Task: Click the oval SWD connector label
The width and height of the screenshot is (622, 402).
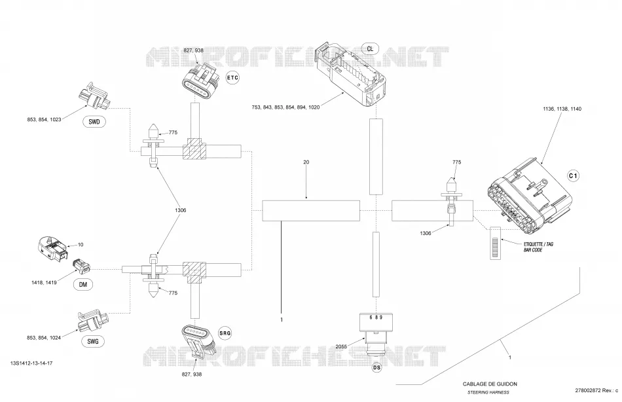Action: [94, 122]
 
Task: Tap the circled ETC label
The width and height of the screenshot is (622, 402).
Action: [232, 77]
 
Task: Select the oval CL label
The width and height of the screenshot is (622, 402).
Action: [370, 49]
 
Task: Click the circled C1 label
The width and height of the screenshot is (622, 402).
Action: [573, 176]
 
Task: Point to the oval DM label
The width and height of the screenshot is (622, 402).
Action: [83, 284]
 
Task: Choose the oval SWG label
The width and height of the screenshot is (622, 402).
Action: [93, 341]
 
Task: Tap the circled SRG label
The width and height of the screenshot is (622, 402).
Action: [225, 333]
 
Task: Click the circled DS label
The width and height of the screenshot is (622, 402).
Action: [377, 368]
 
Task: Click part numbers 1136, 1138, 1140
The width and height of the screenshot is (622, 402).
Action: [562, 109]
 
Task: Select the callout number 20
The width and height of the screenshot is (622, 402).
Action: [306, 162]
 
